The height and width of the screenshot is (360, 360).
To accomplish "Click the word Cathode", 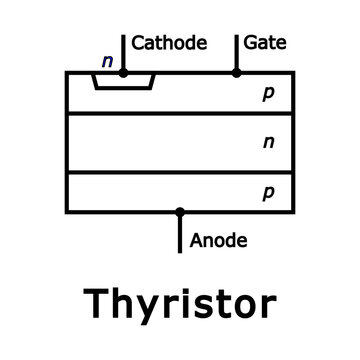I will [169, 43].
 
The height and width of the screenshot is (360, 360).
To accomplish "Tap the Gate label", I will [266, 43].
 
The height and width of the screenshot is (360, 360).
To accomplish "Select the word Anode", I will [218, 240].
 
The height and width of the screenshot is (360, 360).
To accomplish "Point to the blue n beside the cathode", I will [107, 61].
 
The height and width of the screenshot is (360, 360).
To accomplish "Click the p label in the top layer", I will [267, 94].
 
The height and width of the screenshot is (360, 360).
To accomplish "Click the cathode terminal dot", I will [123, 72].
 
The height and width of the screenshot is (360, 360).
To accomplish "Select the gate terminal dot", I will [236, 72].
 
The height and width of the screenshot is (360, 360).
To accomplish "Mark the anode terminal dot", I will [180, 212].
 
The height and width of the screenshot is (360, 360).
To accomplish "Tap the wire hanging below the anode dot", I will [180, 235].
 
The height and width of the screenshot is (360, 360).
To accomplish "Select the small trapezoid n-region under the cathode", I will [123, 81].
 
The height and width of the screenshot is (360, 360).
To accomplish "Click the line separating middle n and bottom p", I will [150, 172].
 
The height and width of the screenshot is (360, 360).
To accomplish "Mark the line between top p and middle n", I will [150, 115].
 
